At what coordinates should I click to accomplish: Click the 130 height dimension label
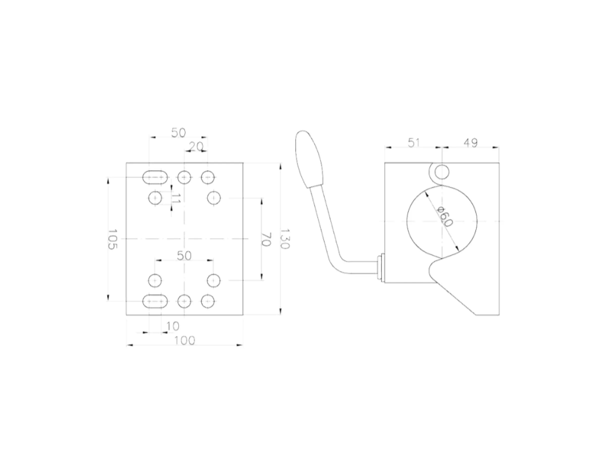point(285,239)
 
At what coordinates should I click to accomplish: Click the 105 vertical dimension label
point(113,239)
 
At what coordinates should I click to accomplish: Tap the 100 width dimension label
point(185,340)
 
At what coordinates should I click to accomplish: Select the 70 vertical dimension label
point(267,240)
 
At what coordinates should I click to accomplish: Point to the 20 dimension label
point(196,146)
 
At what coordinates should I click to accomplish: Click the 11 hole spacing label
point(175,198)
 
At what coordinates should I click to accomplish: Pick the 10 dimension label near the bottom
point(172,326)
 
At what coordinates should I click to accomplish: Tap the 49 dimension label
point(470,143)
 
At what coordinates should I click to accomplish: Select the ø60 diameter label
point(445,216)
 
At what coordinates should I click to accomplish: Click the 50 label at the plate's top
point(178,133)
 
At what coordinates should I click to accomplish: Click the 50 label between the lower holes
point(184,256)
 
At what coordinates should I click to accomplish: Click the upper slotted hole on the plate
point(154,177)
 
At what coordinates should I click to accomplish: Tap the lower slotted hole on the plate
point(154,300)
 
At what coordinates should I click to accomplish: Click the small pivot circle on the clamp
point(442,172)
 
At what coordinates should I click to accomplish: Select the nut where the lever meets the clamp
point(380,268)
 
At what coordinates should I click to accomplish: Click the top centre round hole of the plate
point(185,177)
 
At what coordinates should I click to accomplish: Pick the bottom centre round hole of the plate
point(185,300)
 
